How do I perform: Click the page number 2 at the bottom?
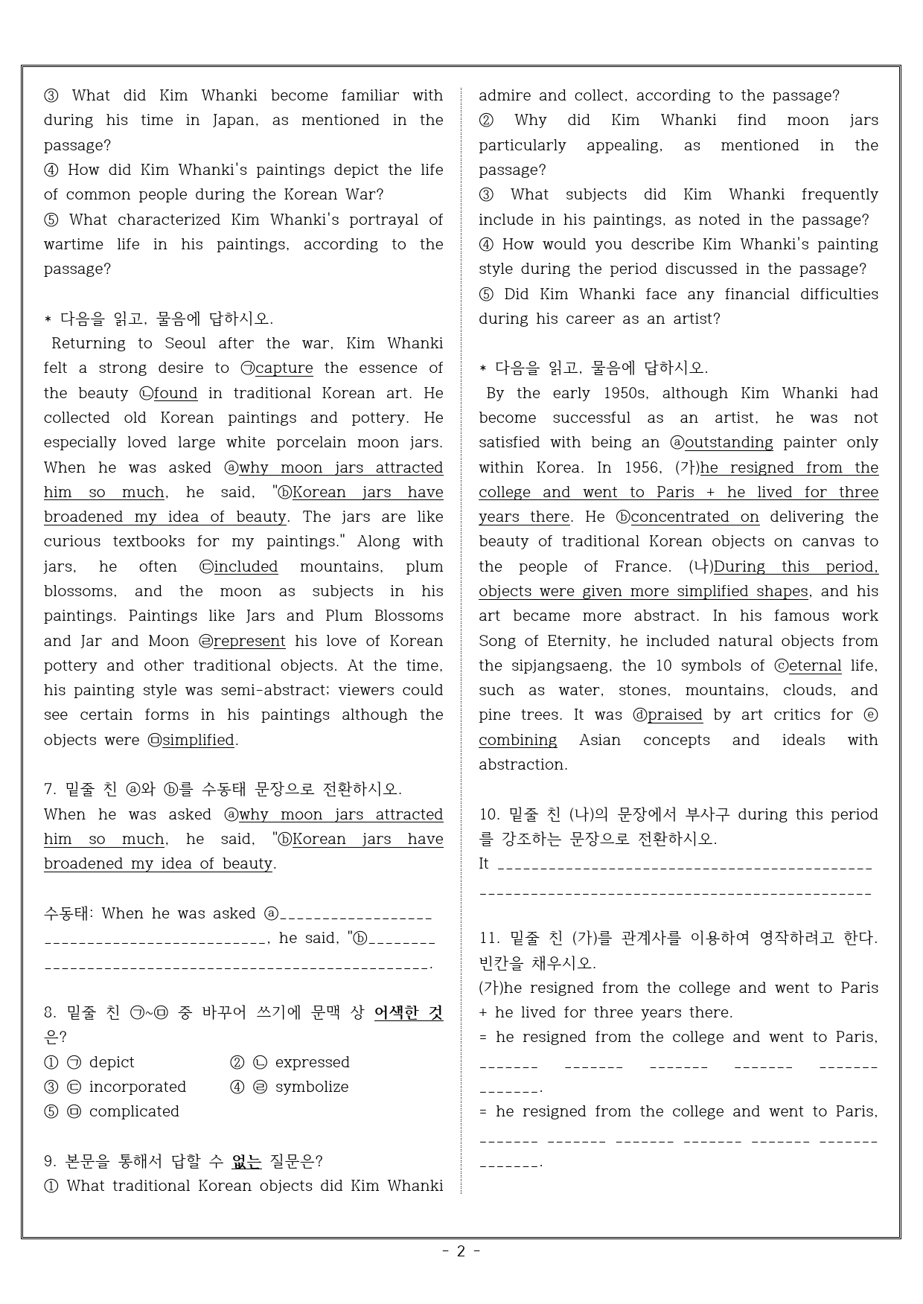click(461, 1251)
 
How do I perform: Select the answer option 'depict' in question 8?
click(112, 1062)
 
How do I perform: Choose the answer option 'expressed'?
click(312, 1062)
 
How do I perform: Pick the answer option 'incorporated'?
click(137, 1087)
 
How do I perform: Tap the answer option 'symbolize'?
click(311, 1087)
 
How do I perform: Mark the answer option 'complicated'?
click(134, 1111)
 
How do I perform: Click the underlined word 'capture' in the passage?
click(284, 368)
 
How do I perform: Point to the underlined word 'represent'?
click(249, 641)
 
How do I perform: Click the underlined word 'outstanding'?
click(729, 442)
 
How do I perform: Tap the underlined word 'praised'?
click(674, 715)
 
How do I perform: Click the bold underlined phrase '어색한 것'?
click(408, 1012)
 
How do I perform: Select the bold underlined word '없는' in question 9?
click(246, 1161)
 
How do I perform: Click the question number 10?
click(488, 814)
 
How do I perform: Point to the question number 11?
click(488, 938)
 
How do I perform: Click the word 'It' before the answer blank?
click(484, 863)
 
